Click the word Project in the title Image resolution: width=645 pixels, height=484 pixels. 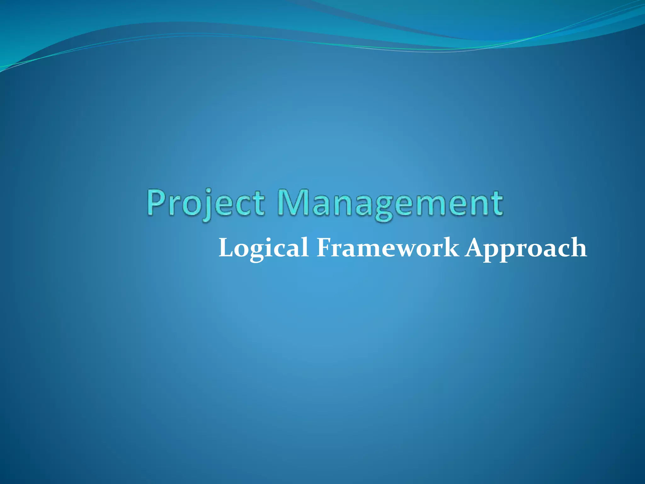[205, 203]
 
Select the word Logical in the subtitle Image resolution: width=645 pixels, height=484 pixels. [263, 248]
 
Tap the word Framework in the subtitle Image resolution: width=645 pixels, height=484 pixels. [388, 247]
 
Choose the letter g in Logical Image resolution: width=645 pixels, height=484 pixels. [257, 252]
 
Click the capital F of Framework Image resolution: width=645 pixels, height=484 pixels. [325, 247]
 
